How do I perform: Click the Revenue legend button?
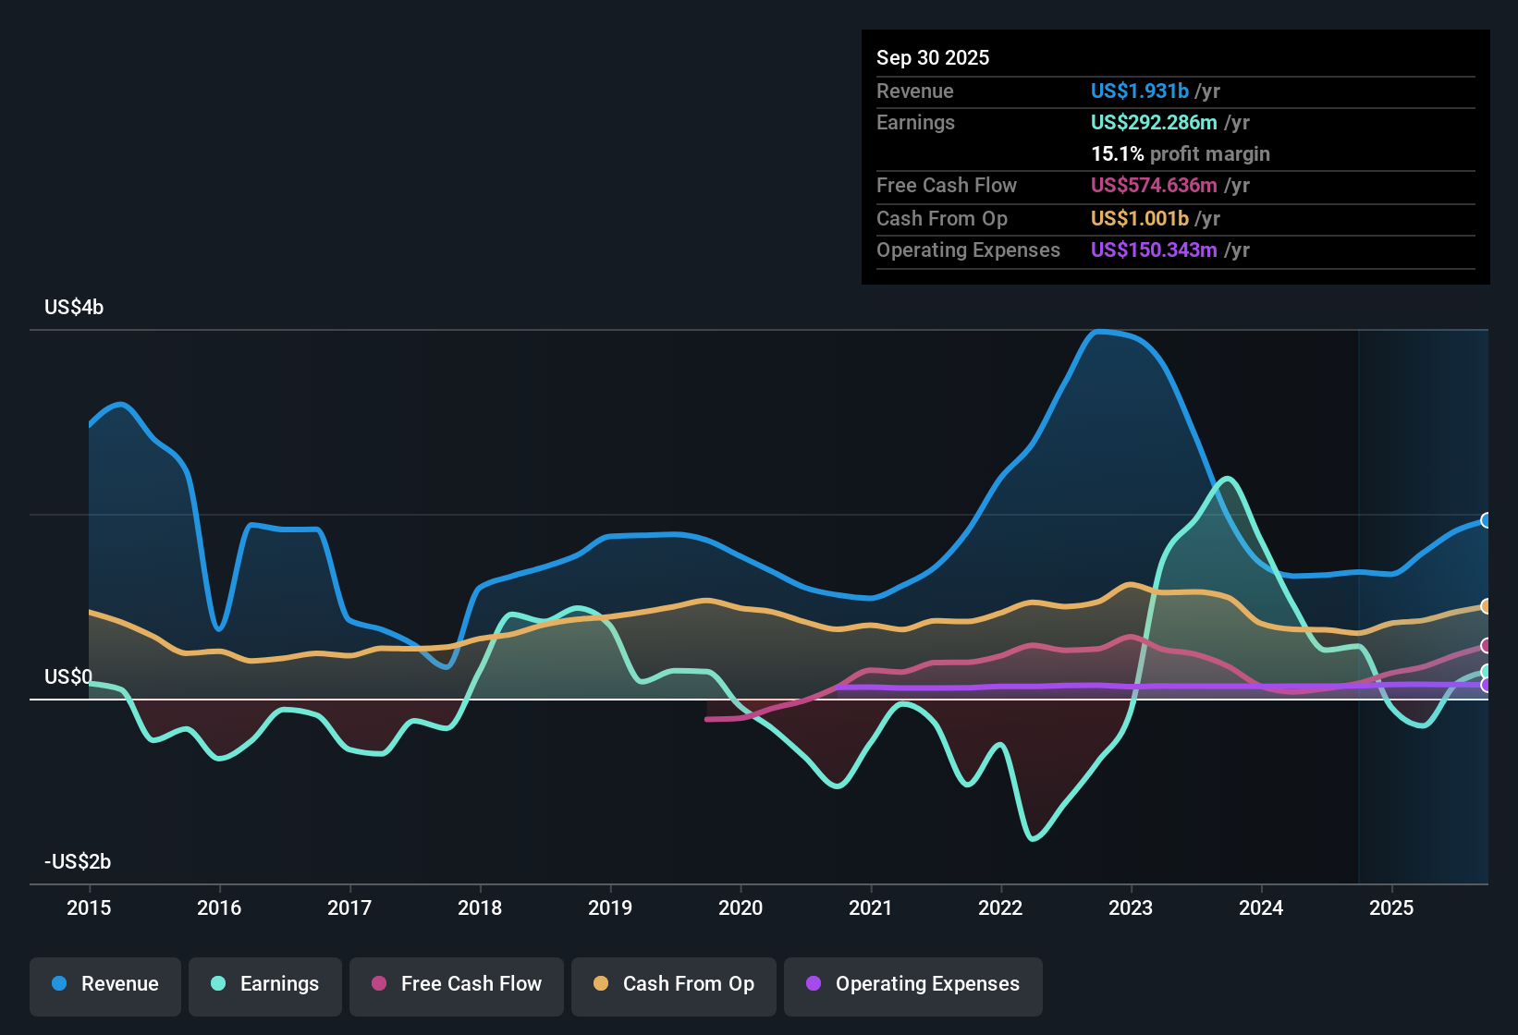(105, 984)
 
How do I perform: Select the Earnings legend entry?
(265, 984)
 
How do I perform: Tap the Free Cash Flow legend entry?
(457, 984)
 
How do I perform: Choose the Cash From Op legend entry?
(674, 984)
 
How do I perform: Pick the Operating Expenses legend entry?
(913, 984)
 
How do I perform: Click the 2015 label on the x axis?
(89, 908)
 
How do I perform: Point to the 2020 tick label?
(741, 908)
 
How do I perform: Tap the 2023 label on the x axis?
(1131, 908)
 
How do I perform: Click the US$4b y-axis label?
(74, 308)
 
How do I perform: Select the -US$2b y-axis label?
(78, 862)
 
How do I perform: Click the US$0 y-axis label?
(68, 677)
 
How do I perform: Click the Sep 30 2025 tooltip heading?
(933, 58)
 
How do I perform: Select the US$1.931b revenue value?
(1139, 91)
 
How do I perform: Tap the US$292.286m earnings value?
(1153, 123)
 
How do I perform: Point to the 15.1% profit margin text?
(1180, 154)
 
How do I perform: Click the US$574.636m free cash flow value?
(1153, 186)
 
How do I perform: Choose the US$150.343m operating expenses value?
(1153, 250)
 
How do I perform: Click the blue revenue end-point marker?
(1487, 520)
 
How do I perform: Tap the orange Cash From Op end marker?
(1487, 606)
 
